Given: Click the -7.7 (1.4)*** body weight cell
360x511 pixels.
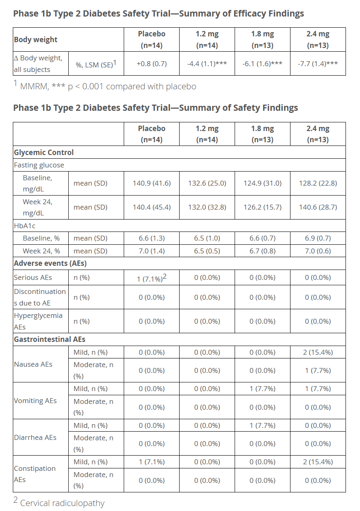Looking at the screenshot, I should [317, 64].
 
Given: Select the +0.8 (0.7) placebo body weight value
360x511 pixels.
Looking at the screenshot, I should [151, 64].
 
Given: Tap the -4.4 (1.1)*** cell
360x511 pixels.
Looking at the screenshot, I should [207, 64].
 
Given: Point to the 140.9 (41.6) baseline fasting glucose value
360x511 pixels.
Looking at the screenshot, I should [151, 183].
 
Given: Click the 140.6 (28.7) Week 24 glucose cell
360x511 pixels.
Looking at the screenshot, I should [318, 207].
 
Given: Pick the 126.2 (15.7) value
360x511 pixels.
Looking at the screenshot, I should [262, 207].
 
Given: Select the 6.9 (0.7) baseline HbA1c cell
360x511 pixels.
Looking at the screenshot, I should [318, 238].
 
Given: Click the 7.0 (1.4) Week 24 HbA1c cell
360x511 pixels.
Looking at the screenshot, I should [151, 251].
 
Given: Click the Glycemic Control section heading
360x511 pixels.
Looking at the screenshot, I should [44, 152].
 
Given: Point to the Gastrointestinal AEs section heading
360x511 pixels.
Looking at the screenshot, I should [50, 339].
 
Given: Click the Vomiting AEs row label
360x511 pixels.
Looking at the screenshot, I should [35, 401].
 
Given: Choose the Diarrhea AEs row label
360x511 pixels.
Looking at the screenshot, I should [35, 437].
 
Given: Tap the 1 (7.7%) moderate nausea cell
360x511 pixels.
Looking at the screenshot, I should [318, 370].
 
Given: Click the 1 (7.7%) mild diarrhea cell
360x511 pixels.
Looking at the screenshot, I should [262, 425].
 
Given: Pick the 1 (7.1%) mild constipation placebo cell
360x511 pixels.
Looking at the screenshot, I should [151, 462].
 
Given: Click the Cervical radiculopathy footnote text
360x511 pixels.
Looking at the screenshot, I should [62, 503].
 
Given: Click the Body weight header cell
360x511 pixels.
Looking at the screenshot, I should [36, 40].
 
